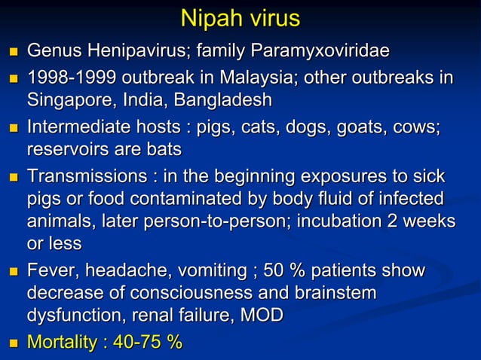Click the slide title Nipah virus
[240, 20]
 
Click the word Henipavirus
[133, 52]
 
